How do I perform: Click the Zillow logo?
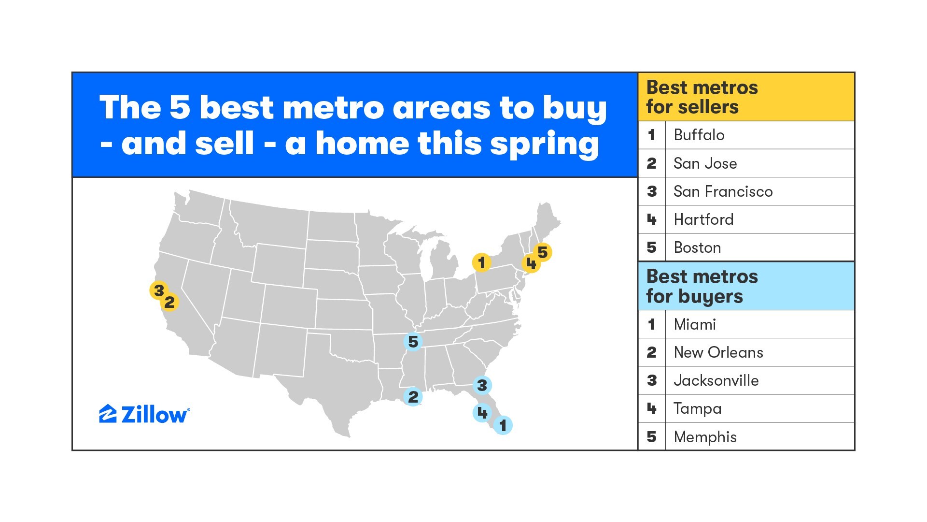point(144,414)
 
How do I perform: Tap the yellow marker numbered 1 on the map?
point(481,262)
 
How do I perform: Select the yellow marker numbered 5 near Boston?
point(542,252)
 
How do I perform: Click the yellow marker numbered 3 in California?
point(159,290)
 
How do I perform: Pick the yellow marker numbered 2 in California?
point(169,302)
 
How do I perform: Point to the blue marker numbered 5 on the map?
point(413,341)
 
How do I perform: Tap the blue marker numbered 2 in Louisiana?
point(413,396)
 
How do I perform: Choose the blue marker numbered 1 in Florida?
point(503,425)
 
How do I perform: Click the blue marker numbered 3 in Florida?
point(482,385)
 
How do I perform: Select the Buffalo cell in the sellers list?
point(699,135)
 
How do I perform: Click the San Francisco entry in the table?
point(723,191)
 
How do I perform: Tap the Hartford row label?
point(703,219)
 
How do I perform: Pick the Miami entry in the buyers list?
point(694,324)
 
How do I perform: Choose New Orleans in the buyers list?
point(718,352)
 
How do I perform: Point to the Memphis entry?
point(705,437)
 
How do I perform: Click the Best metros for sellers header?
point(702,97)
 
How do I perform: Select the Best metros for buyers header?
point(702,286)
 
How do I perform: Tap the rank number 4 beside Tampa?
point(651,408)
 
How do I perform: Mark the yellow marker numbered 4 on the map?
point(531,263)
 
